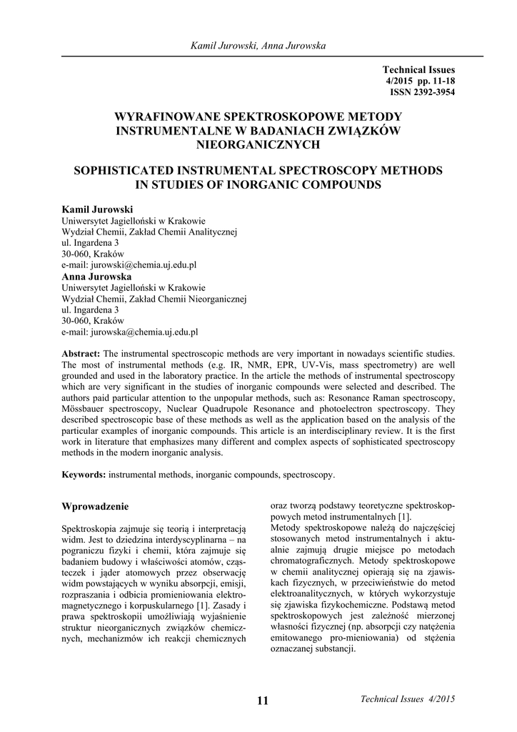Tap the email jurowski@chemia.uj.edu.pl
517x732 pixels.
(x=129, y=264)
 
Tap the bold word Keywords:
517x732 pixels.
(x=85, y=474)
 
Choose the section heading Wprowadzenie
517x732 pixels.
(x=96, y=507)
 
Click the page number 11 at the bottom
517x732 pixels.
(x=262, y=701)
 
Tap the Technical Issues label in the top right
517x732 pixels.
(x=418, y=70)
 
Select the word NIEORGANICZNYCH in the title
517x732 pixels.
(x=258, y=144)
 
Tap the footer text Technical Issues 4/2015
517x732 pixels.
(x=408, y=698)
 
